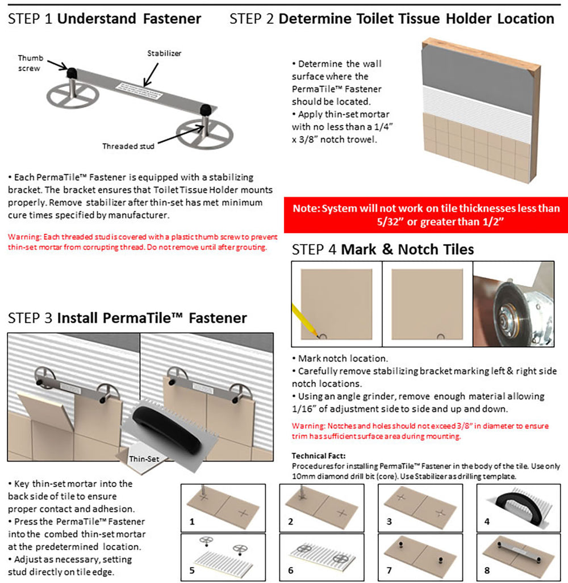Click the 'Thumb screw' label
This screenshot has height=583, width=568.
[30, 63]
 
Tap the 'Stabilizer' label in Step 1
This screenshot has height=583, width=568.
[165, 54]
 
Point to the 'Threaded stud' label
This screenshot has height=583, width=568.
[128, 146]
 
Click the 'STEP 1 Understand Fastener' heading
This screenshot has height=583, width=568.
[105, 19]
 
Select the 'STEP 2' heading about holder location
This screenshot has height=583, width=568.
[391, 19]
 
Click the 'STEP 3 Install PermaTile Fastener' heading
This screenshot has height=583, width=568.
[127, 317]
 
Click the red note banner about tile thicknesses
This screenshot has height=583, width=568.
[425, 215]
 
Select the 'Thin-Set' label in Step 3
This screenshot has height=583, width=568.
[139, 459]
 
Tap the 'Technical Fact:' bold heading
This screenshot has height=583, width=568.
[318, 456]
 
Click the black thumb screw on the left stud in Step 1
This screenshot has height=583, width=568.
[73, 73]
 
